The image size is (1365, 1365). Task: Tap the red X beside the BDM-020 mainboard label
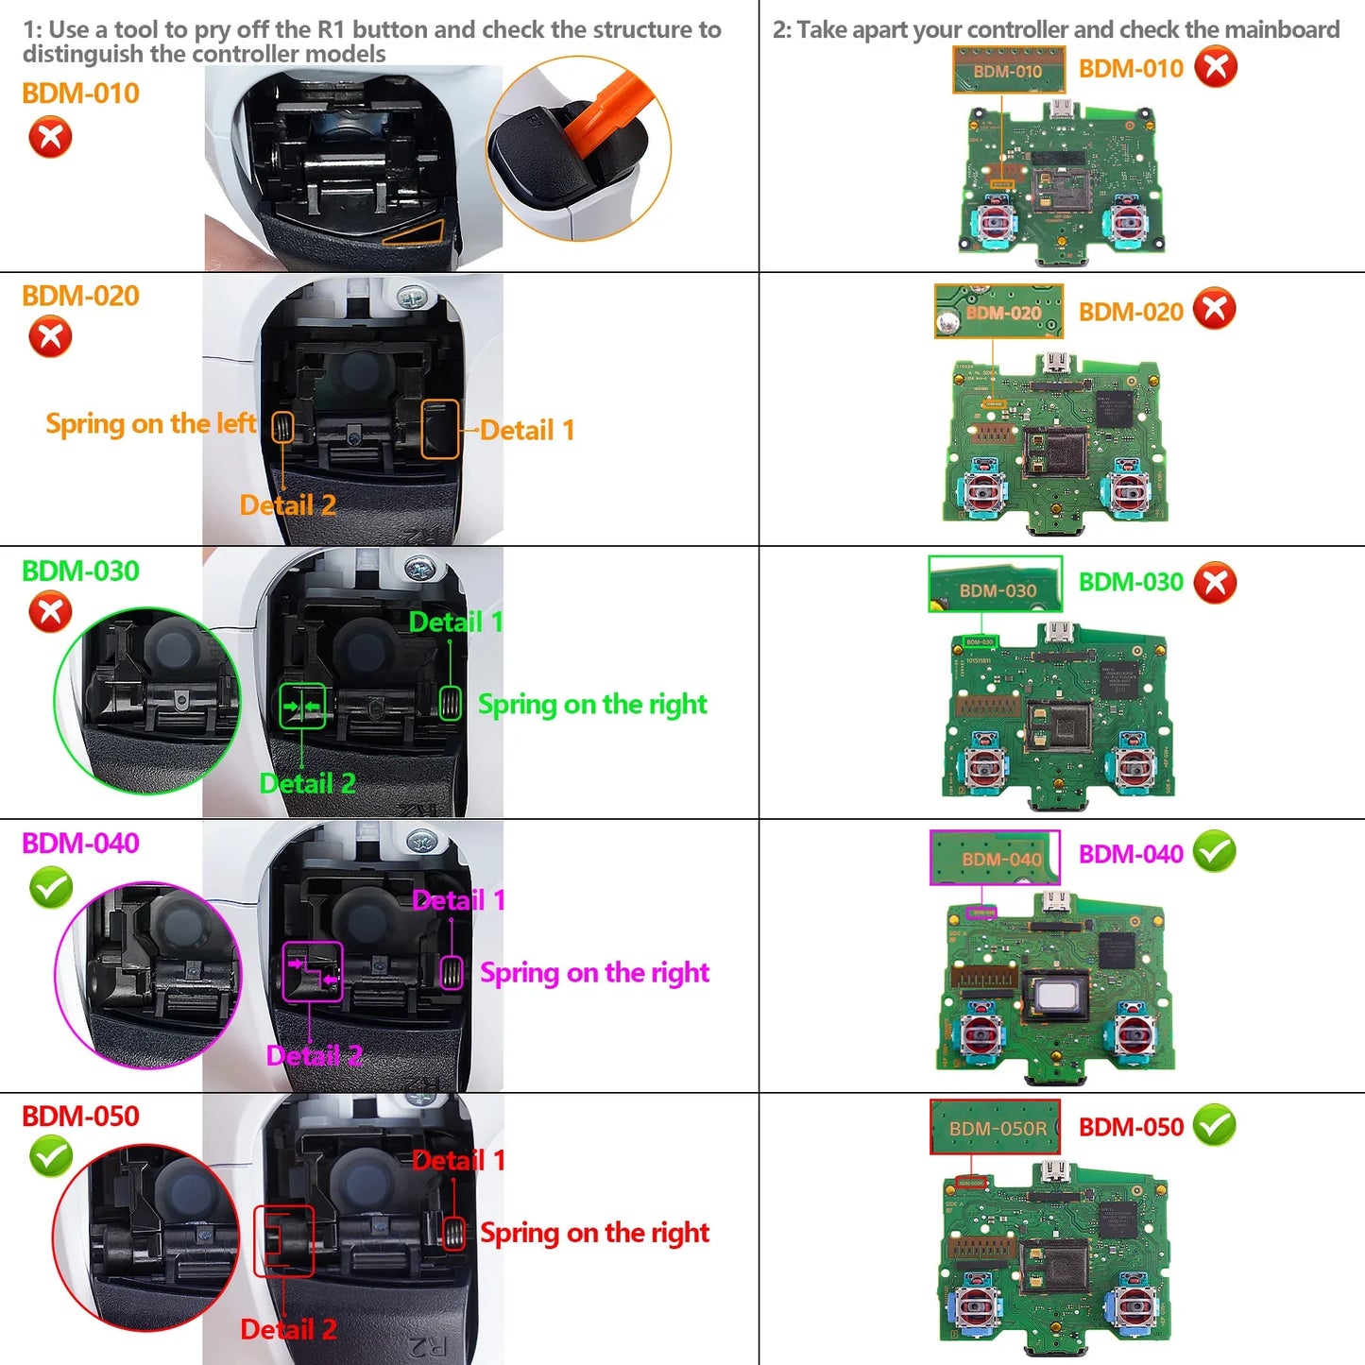coord(1215,310)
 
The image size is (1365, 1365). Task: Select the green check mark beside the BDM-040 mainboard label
coord(1215,852)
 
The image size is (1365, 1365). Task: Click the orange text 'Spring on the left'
coord(151,424)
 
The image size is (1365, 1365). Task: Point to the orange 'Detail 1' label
coord(527,431)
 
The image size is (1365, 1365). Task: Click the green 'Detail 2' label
coord(307,784)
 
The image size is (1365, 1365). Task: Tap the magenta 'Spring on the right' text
coord(594,973)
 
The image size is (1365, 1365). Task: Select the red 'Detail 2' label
coord(288,1330)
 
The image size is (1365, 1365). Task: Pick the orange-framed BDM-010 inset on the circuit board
coord(1008,71)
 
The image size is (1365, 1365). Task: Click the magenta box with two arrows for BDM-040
coord(313,972)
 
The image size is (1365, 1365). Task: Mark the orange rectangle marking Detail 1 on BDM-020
coord(440,430)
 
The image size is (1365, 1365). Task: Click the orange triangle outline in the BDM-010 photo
coord(417,232)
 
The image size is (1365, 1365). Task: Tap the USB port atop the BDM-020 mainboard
coord(1055,363)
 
